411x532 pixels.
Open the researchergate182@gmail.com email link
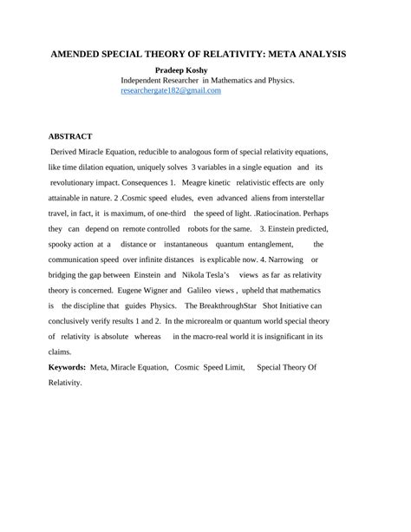[x=171, y=90]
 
